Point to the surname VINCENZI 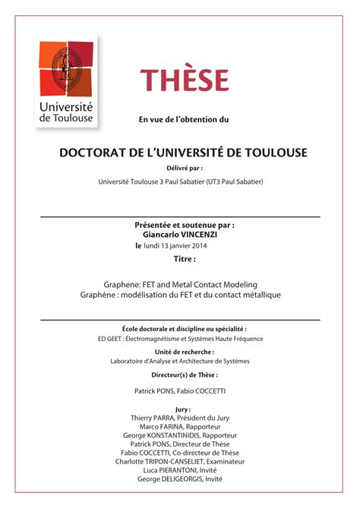click(x=204, y=235)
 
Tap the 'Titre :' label click(x=184, y=259)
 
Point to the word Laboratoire click(x=131, y=361)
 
